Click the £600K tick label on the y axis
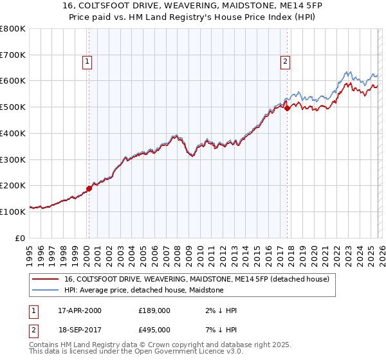pos(14,81)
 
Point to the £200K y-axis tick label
pos(14,185)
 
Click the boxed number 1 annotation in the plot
pos(87,62)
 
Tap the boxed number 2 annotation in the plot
pos(284,62)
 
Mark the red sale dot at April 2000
pos(89,188)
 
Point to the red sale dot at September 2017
pos(287,109)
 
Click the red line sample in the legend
pos(45,279)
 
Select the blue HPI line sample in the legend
pos(45,290)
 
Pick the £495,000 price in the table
pos(154,328)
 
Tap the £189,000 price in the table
pos(154,310)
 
